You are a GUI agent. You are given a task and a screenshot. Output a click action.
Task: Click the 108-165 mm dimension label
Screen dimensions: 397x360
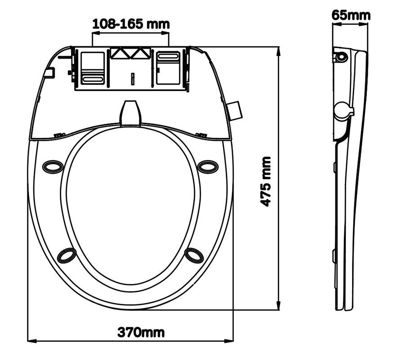pyautogui.click(x=131, y=25)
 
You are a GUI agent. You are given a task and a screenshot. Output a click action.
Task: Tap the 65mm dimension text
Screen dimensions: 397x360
pyautogui.click(x=351, y=15)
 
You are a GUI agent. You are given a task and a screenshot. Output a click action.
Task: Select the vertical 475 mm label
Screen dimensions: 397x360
pyautogui.click(x=266, y=181)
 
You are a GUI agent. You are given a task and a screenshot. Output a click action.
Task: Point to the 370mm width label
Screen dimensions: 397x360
pyautogui.click(x=141, y=333)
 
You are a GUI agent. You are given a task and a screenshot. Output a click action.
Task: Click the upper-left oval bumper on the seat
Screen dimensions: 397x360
pyautogui.click(x=53, y=166)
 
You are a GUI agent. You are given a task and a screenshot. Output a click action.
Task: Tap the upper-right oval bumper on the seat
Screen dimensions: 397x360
pyautogui.click(x=208, y=166)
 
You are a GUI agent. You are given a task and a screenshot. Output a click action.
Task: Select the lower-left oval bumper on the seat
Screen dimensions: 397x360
pyautogui.click(x=67, y=255)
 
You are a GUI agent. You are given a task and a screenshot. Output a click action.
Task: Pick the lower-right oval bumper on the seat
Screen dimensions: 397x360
pyautogui.click(x=194, y=255)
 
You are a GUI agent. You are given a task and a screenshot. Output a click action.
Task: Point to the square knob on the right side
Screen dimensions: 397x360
pyautogui.click(x=235, y=110)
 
